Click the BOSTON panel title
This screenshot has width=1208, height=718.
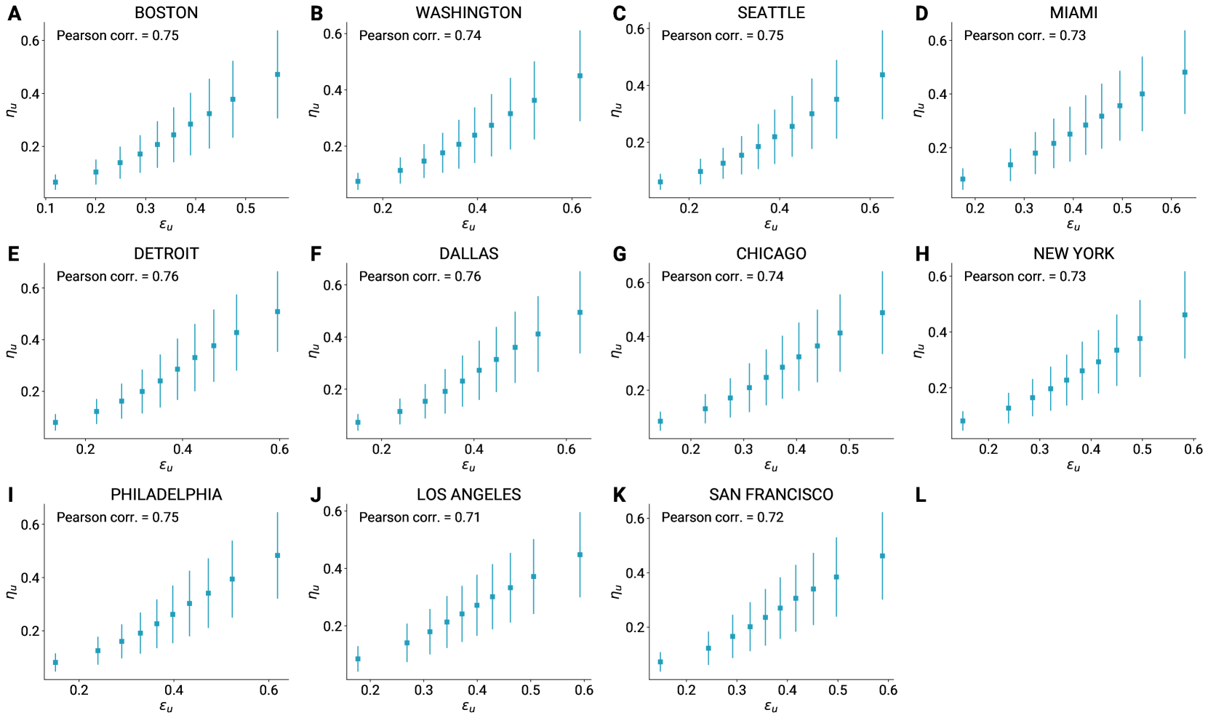(166, 13)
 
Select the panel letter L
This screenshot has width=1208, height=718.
(921, 495)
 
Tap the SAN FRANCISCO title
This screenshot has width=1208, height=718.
(771, 495)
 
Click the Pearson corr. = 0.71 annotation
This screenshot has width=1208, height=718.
(420, 517)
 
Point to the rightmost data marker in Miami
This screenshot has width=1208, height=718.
(1185, 73)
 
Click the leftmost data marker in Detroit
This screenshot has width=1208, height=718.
(55, 423)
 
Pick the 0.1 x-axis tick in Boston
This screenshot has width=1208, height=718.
(45, 209)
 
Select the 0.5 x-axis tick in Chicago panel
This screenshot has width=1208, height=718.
(849, 450)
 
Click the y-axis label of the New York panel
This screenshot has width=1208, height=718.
(919, 351)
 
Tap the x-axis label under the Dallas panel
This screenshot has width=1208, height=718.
(468, 466)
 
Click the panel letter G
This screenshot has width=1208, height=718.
(620, 254)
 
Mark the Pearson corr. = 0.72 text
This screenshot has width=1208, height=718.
(722, 517)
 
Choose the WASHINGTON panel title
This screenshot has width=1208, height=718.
(468, 13)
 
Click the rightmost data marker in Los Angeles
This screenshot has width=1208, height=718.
(580, 555)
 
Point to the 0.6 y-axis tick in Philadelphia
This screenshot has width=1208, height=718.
(30, 524)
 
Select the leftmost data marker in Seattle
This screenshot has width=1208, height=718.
(660, 182)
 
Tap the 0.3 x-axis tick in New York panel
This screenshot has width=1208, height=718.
(1039, 450)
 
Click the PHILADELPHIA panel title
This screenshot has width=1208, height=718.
(166, 495)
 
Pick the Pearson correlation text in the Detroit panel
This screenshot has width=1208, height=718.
(117, 276)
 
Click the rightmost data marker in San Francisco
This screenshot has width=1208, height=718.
(882, 556)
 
